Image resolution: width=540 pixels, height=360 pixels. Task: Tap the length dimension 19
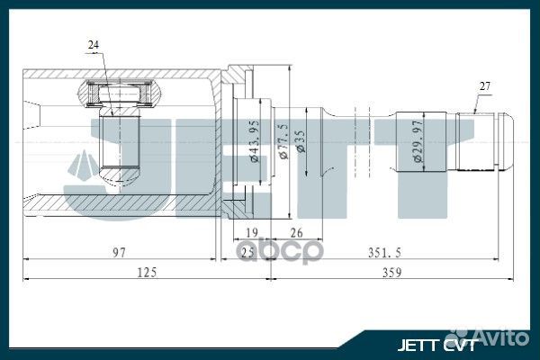253,230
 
